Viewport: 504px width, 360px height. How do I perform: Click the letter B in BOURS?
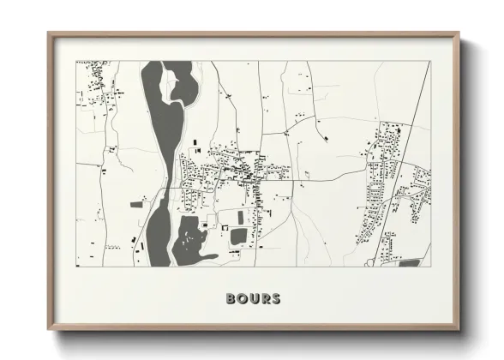click(x=231, y=299)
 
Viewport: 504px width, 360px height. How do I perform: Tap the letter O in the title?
click(x=241, y=299)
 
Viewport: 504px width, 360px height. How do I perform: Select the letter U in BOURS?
click(x=252, y=299)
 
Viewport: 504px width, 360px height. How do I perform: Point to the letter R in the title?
click(x=263, y=299)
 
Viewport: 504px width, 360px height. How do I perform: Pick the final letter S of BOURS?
click(x=274, y=299)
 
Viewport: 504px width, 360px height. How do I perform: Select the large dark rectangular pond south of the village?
click(x=238, y=235)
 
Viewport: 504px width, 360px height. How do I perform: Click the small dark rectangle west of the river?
click(x=137, y=206)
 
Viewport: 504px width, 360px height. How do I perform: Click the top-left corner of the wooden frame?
click(x=49, y=34)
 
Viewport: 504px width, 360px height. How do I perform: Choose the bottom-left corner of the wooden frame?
click(x=49, y=329)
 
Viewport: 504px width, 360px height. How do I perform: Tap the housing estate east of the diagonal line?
click(x=416, y=193)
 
